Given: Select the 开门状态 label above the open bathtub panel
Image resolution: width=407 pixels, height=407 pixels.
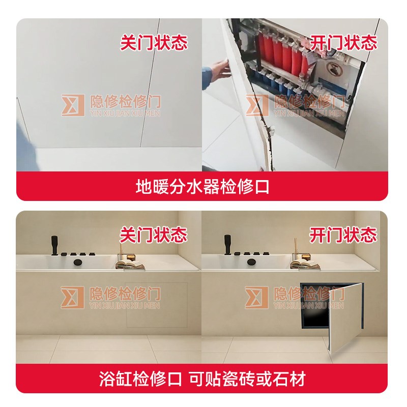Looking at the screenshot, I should coord(343,235).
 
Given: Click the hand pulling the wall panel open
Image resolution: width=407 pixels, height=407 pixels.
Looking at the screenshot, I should coord(219,69).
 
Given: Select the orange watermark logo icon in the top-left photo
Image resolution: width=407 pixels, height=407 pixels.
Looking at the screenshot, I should coord(73,105).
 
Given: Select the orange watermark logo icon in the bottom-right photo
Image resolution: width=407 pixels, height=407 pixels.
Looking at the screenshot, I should coord(256,297).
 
